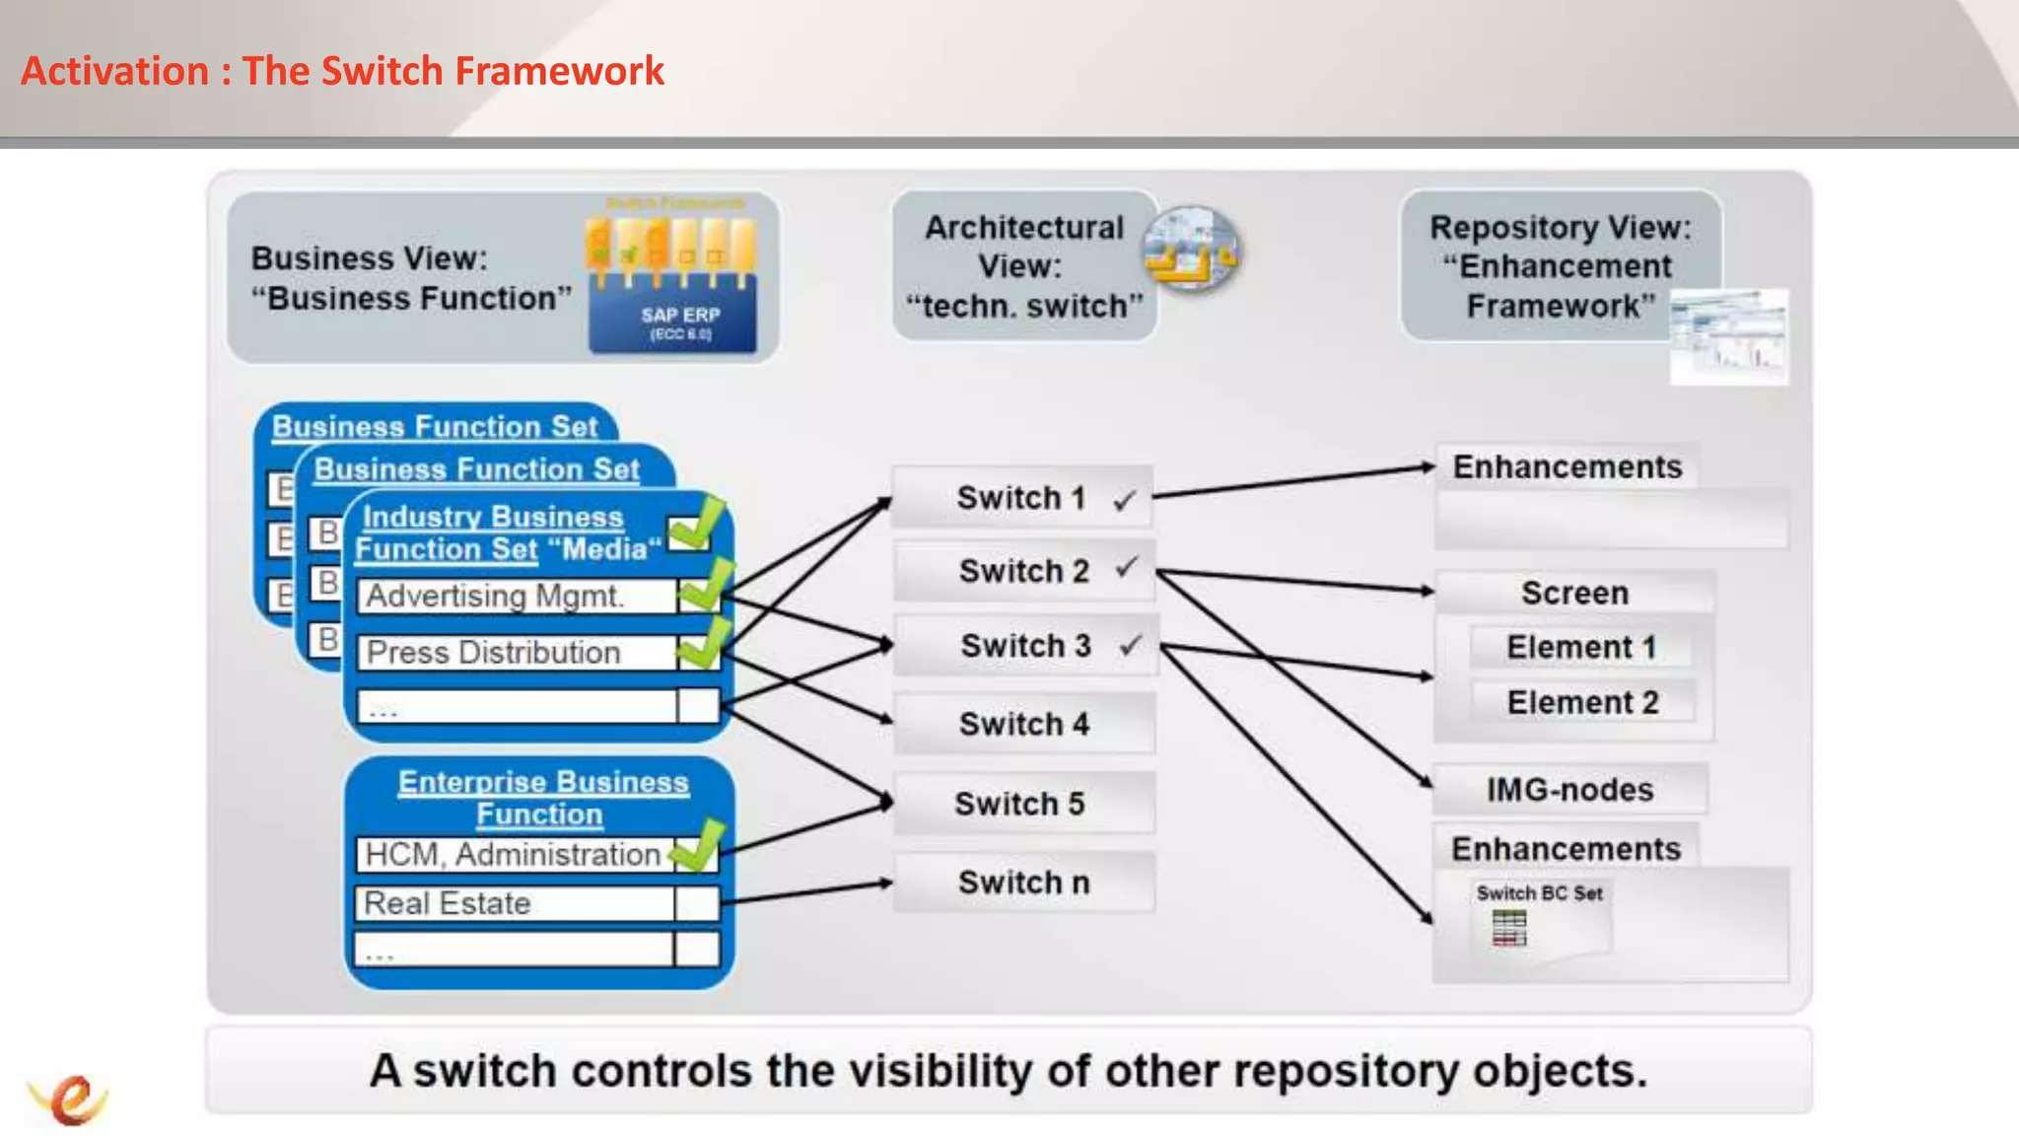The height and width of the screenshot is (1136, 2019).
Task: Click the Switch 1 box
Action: coord(1021,498)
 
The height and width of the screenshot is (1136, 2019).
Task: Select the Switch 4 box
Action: coord(1023,724)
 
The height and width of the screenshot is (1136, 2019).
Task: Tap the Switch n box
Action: coord(1023,883)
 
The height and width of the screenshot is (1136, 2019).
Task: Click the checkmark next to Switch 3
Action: coord(1130,646)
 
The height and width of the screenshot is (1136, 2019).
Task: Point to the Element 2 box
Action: coord(1582,702)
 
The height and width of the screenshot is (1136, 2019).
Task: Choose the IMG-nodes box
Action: coord(1569,790)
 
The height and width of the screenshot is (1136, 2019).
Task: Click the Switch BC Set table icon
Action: coord(1508,928)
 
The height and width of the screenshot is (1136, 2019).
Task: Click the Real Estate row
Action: coord(513,903)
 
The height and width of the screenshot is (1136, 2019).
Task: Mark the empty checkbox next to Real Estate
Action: coord(697,903)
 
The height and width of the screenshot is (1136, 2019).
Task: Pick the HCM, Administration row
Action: coord(513,854)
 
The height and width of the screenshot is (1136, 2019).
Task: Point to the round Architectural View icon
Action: coord(1191,248)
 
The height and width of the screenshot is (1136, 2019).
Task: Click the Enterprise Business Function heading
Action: coord(542,798)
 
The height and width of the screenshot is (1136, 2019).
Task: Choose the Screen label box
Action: coord(1574,593)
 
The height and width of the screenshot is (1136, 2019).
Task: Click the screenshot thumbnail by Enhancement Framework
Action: coord(1728,336)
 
